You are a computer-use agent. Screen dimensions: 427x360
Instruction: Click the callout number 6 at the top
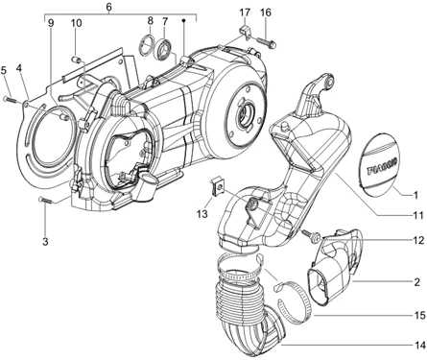[109, 7]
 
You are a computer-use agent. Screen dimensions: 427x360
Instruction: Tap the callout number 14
[420, 345]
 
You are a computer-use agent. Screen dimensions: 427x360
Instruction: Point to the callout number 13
[202, 213]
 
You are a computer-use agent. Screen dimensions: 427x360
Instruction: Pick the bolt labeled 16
[267, 43]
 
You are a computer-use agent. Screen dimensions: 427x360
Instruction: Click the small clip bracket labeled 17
[246, 33]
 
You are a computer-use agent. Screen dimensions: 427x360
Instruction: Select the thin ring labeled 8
[147, 45]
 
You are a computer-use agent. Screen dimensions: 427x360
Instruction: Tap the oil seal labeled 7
[164, 48]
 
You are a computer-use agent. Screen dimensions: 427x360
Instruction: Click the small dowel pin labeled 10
[76, 59]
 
